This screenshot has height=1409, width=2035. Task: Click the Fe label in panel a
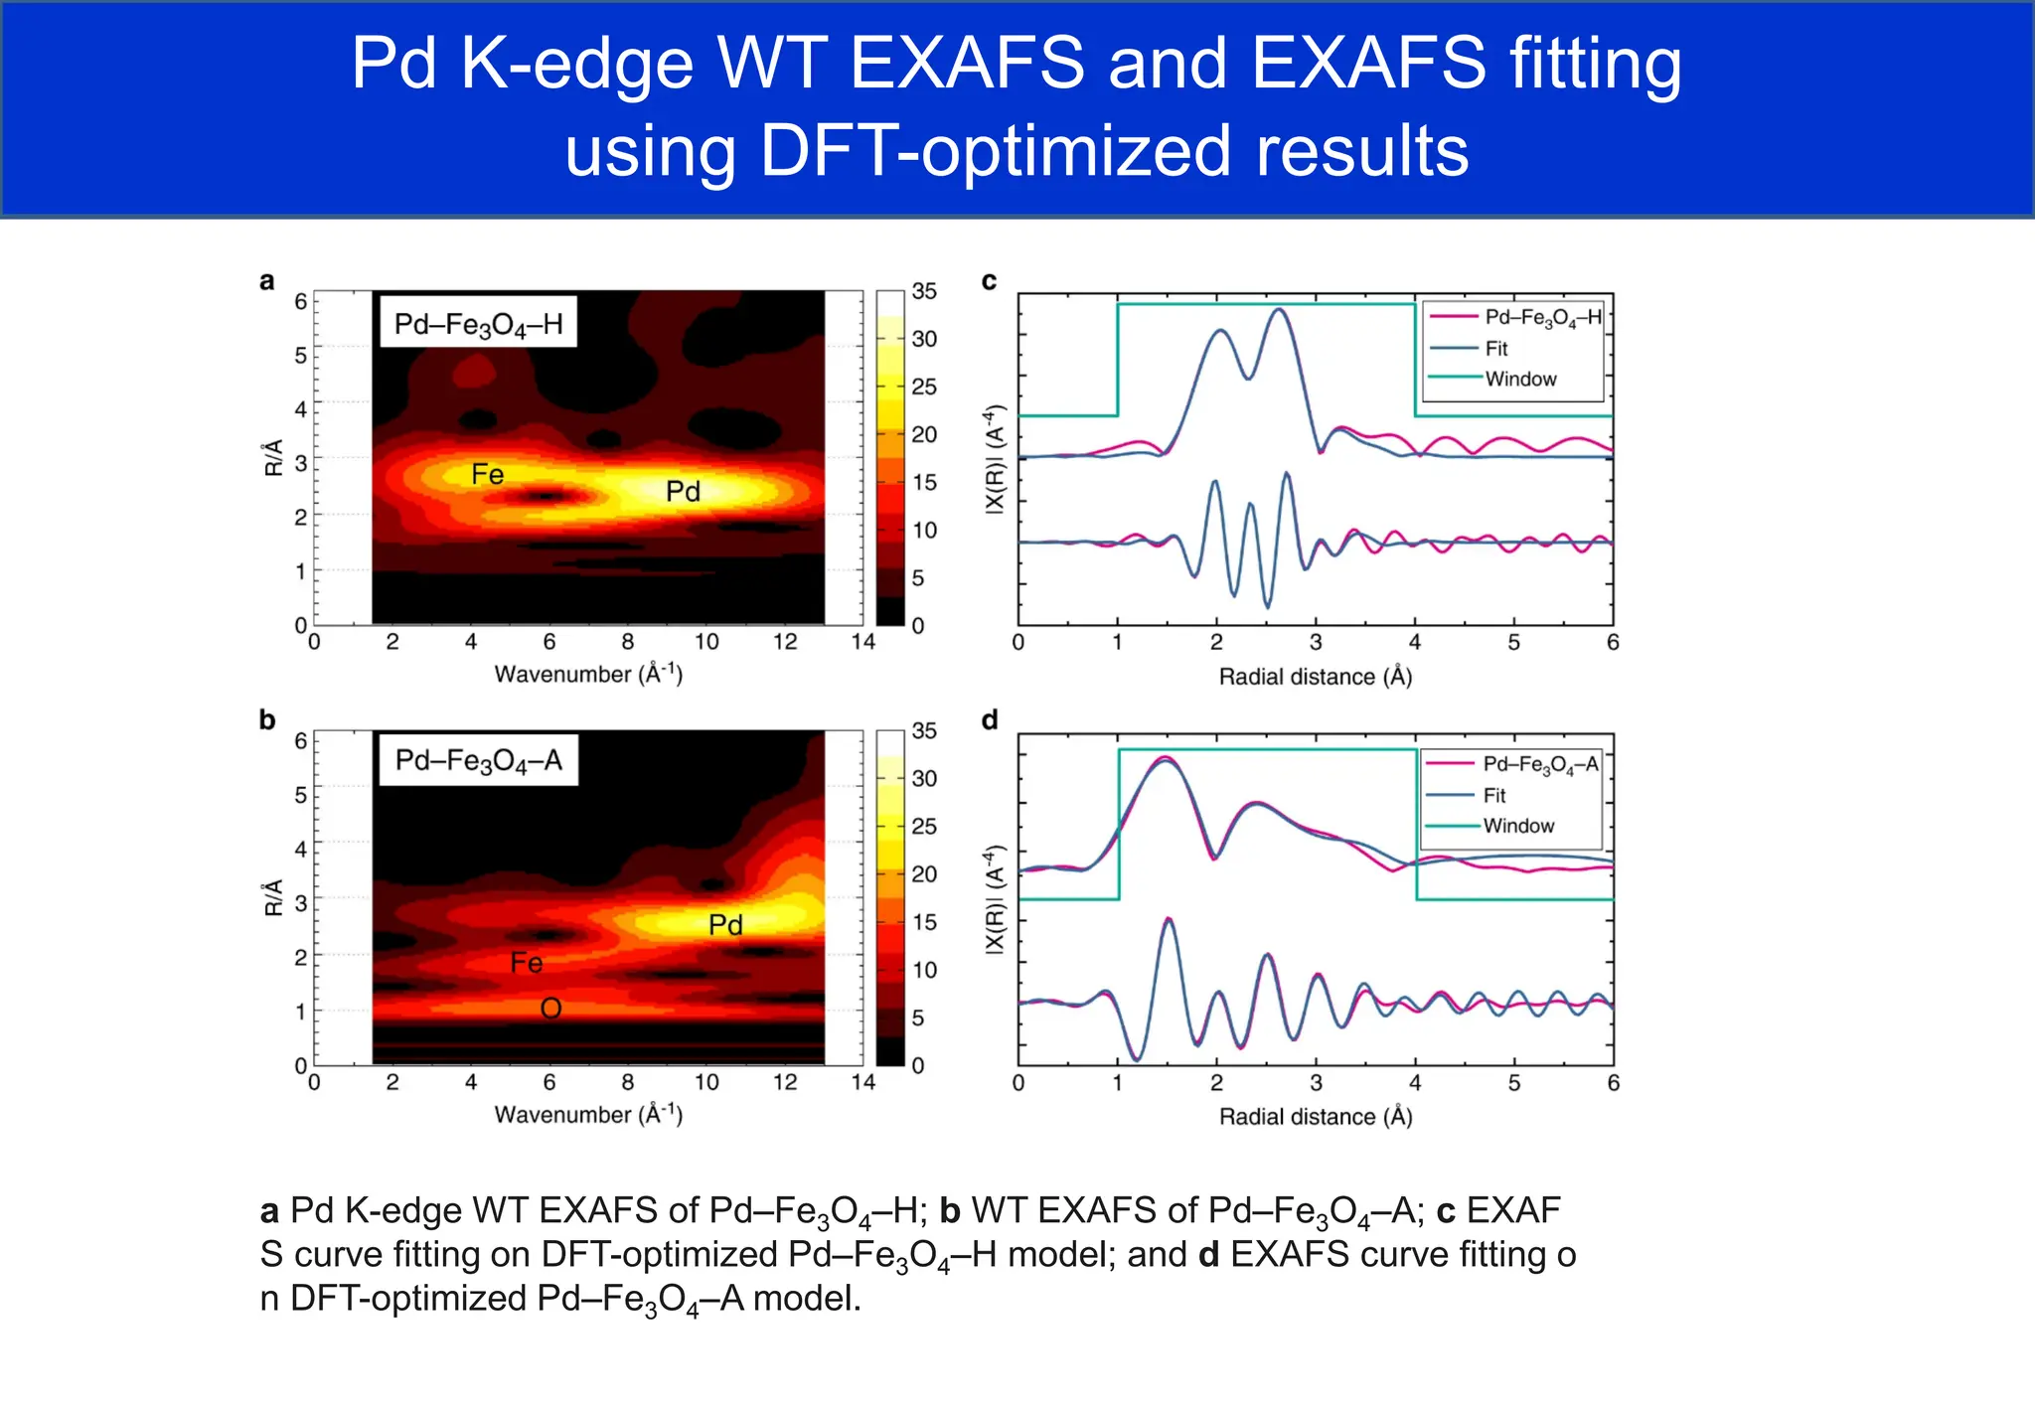pos(487,475)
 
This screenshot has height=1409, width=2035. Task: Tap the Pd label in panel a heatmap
pos(683,491)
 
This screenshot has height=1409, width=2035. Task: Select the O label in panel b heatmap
pos(550,1010)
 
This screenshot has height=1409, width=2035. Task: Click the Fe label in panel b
pos(526,963)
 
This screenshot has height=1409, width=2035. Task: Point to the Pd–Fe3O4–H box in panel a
pos(478,325)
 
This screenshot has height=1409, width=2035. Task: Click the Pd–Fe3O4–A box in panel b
pos(478,761)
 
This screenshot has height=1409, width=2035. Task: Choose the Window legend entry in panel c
pos(1519,380)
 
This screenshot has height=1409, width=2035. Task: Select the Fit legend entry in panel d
pos(1493,796)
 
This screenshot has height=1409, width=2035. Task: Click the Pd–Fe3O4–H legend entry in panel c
pos(1542,318)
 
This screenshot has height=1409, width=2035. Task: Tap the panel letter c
pos(989,281)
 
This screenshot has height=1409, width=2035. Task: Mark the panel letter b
pos(266,720)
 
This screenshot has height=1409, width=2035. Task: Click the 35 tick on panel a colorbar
pos(924,291)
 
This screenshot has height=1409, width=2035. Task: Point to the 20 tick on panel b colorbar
pos(924,874)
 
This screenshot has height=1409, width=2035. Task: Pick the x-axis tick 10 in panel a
pos(705,642)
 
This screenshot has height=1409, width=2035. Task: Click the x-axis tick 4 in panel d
pos(1415,1083)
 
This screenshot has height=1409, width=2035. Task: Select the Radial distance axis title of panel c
pos(1315,677)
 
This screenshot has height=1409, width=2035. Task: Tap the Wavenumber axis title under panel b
pos(588,1115)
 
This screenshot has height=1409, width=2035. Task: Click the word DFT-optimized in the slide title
pos(994,151)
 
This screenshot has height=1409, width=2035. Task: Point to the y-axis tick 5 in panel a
pos(300,355)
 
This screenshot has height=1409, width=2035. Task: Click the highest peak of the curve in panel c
pos(1280,310)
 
